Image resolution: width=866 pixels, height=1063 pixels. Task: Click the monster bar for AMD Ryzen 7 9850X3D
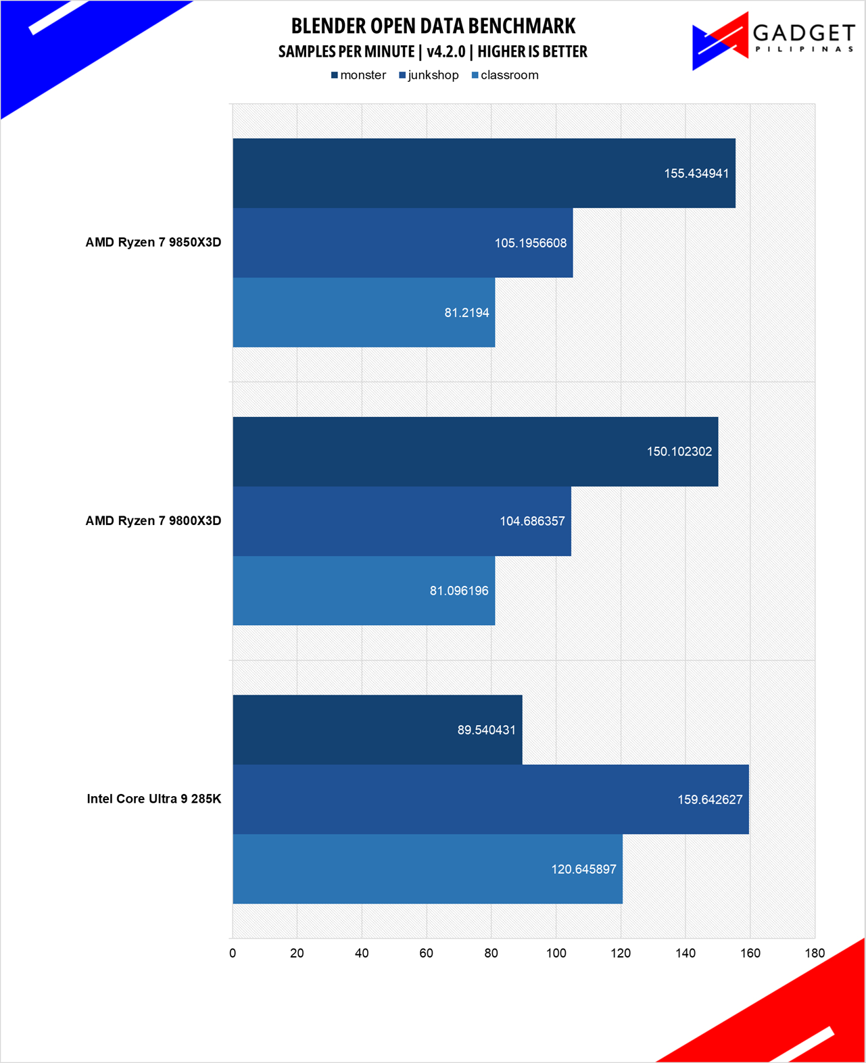pos(484,173)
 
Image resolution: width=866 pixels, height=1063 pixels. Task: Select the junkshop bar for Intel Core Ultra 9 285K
pos(491,799)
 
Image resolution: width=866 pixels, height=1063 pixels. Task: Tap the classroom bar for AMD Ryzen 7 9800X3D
pos(364,591)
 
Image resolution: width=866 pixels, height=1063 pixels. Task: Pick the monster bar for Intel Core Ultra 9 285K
pos(377,730)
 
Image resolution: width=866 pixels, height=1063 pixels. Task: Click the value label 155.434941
pos(696,174)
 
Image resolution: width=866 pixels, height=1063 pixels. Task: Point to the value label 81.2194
pos(466,313)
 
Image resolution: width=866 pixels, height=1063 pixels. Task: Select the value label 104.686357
pos(532,521)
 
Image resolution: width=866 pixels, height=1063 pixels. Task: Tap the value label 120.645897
pos(583,869)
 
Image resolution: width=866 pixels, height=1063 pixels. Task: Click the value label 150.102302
pos(679,451)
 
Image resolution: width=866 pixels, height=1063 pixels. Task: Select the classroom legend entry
pos(505,75)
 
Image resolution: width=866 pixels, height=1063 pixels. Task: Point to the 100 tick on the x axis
pos(556,953)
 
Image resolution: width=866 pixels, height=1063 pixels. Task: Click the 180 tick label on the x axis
pos(815,953)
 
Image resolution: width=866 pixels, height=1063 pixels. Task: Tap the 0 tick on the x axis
pos(233,953)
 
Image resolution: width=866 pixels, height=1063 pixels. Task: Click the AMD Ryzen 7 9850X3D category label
pos(153,243)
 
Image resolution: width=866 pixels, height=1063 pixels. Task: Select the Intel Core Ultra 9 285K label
pos(154,799)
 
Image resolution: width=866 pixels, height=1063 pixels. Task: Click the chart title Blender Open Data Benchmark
pos(433,26)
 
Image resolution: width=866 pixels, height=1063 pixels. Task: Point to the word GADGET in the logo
pos(804,32)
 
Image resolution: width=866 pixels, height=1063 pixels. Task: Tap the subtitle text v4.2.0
pos(446,51)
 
